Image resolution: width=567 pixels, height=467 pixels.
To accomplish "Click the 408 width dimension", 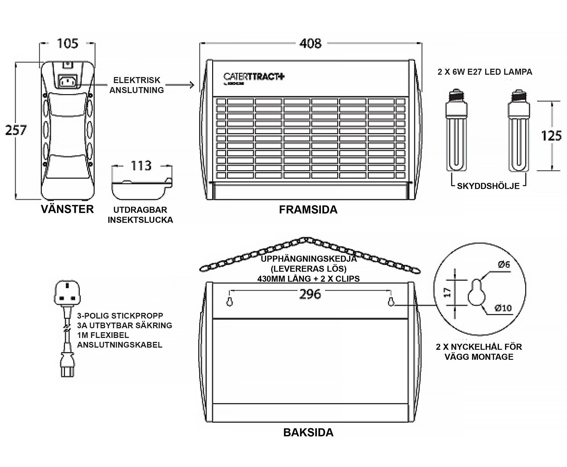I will [x=310, y=43].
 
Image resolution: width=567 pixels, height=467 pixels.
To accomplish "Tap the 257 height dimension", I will [x=16, y=130].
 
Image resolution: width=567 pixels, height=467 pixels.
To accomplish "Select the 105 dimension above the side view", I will [x=67, y=43].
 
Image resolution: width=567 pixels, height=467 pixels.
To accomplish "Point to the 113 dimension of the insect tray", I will [x=141, y=165].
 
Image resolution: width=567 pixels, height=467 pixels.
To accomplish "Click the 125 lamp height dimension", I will [x=551, y=136].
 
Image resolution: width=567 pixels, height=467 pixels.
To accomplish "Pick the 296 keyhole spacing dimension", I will [x=310, y=294].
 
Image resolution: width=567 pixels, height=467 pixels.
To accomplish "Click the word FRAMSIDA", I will [x=308, y=210].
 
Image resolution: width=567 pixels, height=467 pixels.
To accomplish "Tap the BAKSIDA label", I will [x=308, y=433].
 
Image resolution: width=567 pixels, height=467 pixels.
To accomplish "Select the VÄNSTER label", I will [x=67, y=209].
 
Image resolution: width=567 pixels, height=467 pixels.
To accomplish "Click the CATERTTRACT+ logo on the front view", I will [x=253, y=77].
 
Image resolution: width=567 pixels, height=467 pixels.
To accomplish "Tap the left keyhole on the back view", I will [x=229, y=302].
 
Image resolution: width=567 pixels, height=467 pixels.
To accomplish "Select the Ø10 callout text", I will [x=503, y=308].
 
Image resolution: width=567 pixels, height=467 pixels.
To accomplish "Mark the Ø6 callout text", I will [x=504, y=265].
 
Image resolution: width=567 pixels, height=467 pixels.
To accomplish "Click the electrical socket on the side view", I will [x=68, y=81].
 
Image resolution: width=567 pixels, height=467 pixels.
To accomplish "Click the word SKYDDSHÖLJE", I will [x=488, y=186].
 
